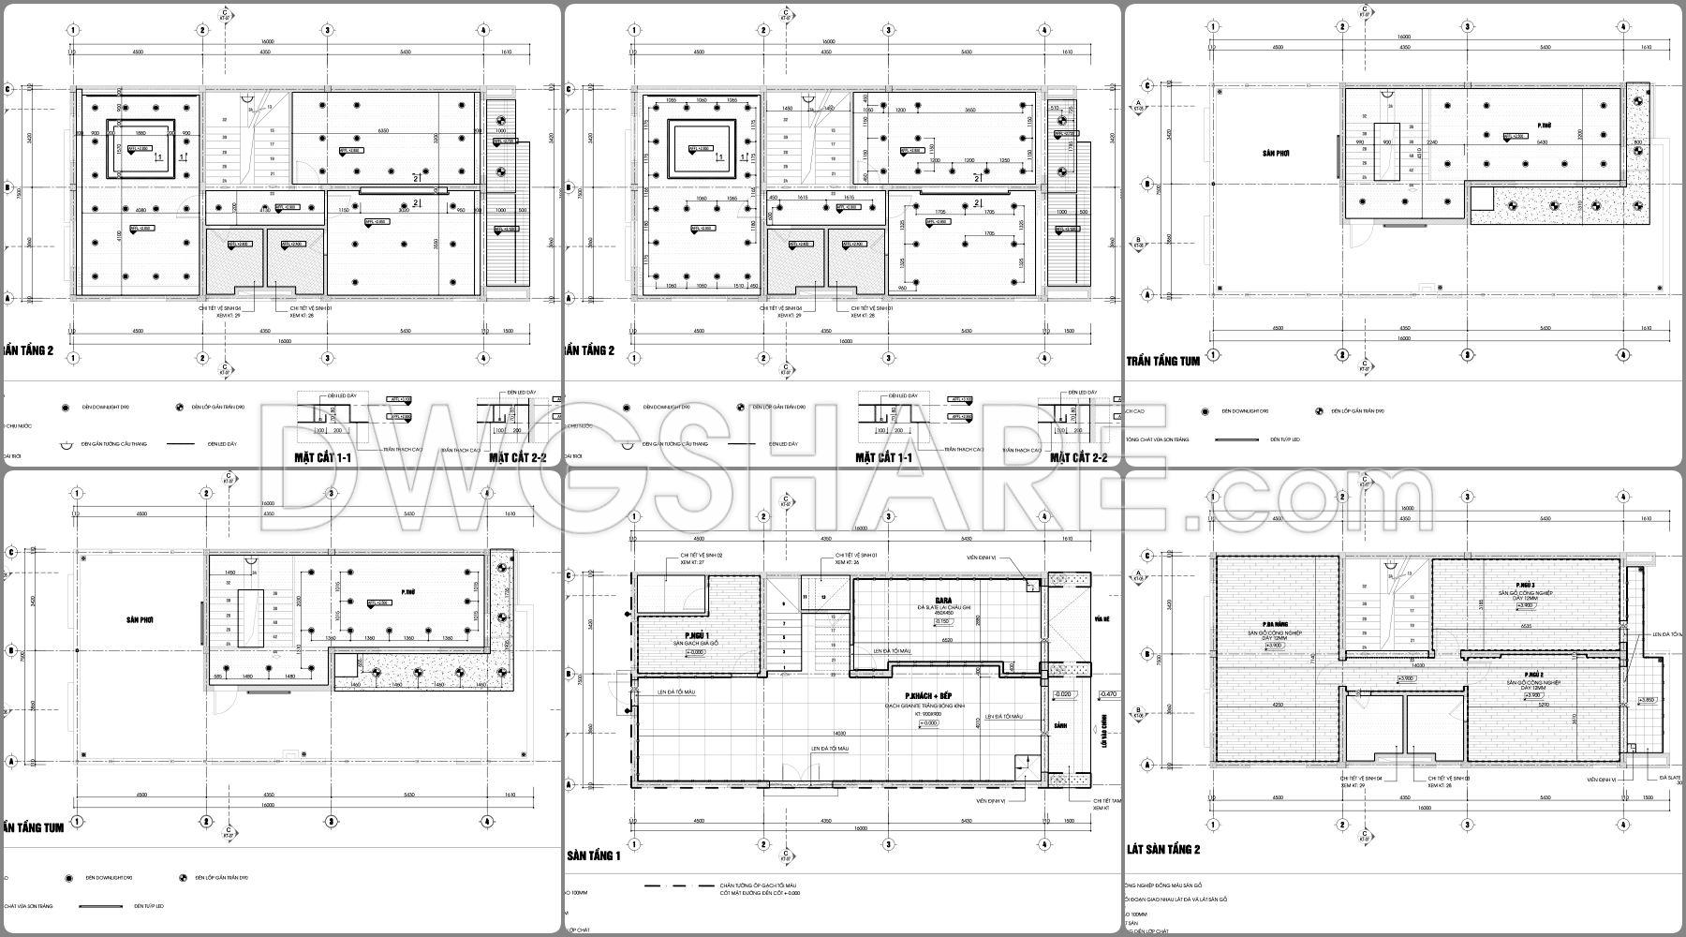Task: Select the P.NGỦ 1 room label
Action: point(683,634)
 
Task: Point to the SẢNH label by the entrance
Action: point(1059,726)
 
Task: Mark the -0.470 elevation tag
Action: point(1108,694)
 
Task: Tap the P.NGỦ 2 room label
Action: point(1532,675)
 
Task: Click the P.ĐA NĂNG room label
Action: point(1275,624)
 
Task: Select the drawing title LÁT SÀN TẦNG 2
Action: point(1162,850)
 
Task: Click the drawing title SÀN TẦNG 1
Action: point(594,855)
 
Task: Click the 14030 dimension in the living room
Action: point(838,734)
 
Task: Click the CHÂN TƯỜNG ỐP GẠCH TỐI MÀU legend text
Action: point(758,885)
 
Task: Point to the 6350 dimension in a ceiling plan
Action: point(383,130)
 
